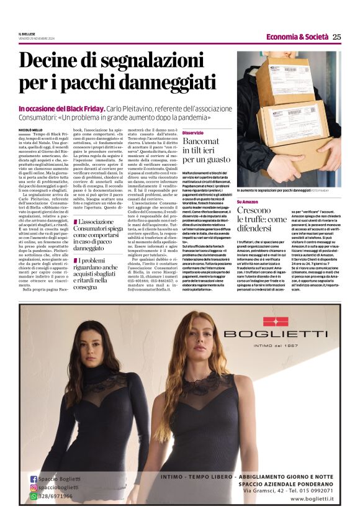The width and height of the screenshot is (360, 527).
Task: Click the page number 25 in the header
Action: click(336, 37)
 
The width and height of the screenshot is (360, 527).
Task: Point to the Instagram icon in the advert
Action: click(34, 488)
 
